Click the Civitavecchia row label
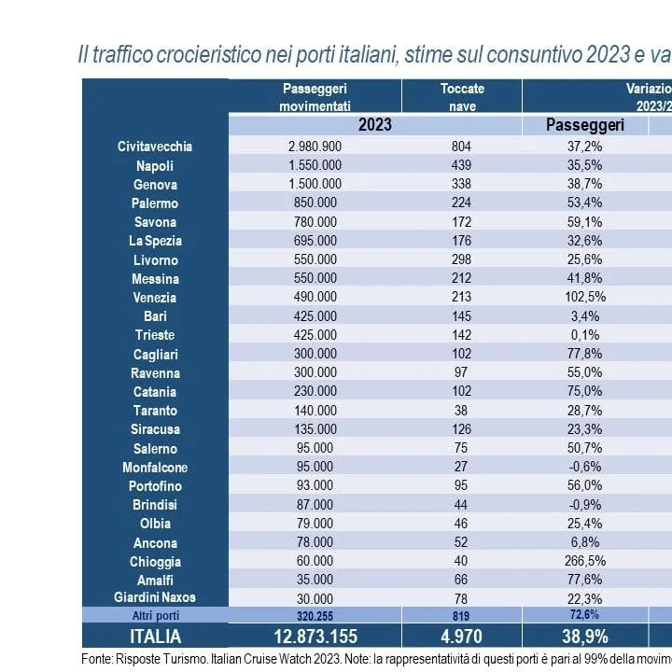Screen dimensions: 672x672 click(155, 147)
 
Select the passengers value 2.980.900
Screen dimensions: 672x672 click(315, 147)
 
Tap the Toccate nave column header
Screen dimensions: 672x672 click(462, 97)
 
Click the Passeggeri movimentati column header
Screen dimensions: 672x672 click(315, 97)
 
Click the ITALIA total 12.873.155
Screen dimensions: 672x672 click(315, 637)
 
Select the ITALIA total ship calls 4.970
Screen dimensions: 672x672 click(462, 637)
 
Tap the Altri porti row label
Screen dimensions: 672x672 click(155, 616)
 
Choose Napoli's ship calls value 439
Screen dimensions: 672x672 click(462, 165)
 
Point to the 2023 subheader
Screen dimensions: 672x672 click(374, 124)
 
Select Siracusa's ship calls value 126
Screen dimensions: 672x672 click(462, 429)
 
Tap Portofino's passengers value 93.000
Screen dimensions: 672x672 click(315, 486)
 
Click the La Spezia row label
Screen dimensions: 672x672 click(155, 241)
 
